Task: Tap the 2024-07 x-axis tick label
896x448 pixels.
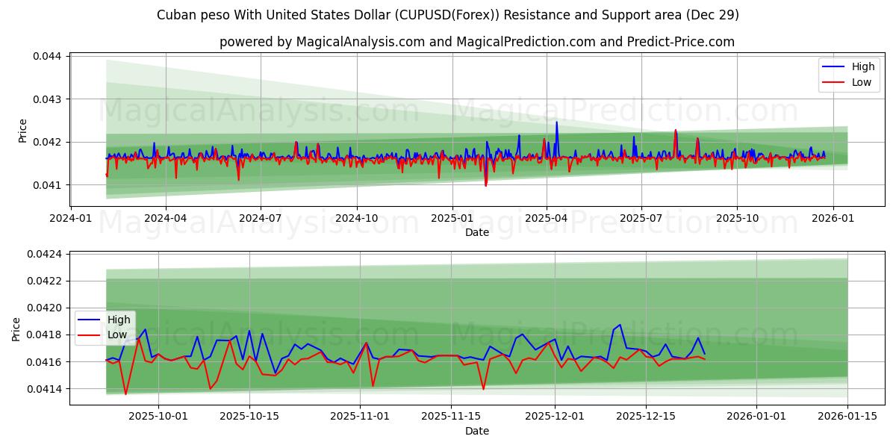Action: (x=260, y=219)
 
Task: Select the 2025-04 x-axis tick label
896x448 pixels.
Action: (x=546, y=219)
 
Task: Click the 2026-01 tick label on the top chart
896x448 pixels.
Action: (x=833, y=219)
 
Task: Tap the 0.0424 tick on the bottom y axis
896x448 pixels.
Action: (x=47, y=254)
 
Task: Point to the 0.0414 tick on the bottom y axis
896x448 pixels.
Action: (x=47, y=389)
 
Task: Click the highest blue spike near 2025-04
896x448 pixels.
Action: (x=556, y=122)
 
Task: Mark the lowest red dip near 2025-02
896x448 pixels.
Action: (x=486, y=185)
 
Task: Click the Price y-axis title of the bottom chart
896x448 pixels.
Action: (x=17, y=329)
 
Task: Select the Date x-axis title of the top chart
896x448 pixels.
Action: (x=477, y=232)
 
